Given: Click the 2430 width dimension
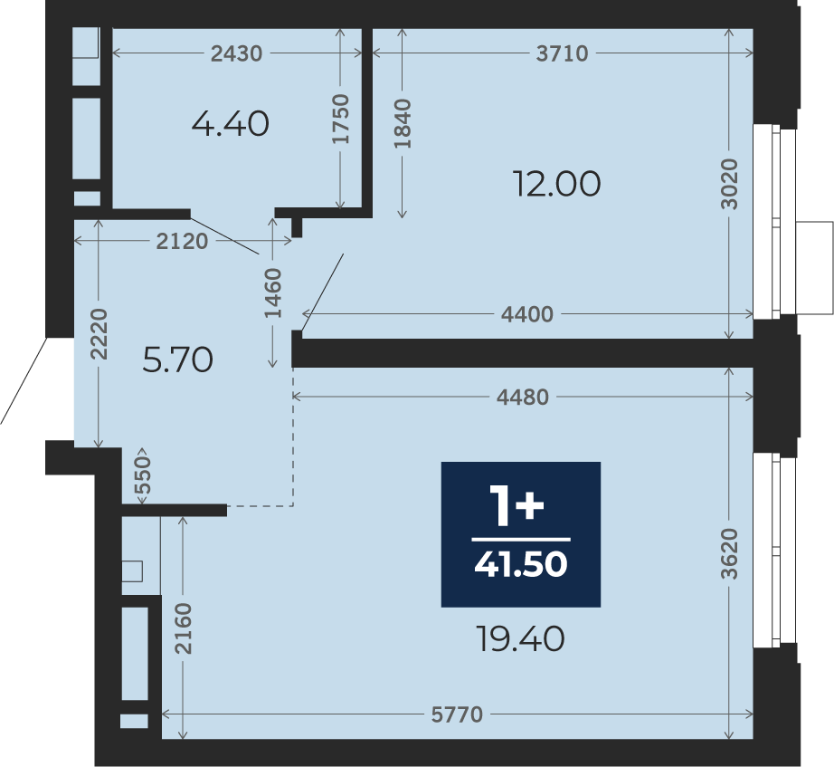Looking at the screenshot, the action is [x=236, y=53].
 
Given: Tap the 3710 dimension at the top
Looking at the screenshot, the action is [x=563, y=53].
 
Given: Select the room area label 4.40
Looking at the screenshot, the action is [x=231, y=124].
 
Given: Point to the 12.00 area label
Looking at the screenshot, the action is [x=556, y=184].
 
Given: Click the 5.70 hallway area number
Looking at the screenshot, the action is [x=178, y=360].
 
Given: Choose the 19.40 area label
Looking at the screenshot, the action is [x=520, y=638].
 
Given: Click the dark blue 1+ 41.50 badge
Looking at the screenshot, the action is [x=521, y=534].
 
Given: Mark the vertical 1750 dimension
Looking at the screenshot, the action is [x=340, y=119].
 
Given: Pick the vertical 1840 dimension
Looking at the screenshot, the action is [x=403, y=123].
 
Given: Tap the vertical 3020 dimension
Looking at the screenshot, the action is [x=730, y=184].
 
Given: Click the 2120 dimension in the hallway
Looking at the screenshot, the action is [x=182, y=242].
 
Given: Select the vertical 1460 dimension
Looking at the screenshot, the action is [x=273, y=293].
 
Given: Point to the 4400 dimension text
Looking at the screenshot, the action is [x=527, y=314].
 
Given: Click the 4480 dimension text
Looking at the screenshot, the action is [x=522, y=398].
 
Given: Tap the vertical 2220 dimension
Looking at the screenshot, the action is [x=99, y=334].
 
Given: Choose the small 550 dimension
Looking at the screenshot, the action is [x=143, y=475].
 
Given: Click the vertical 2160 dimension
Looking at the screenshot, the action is [x=183, y=628].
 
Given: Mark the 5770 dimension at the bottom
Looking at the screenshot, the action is [x=457, y=714].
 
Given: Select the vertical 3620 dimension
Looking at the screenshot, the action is [x=730, y=554].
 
